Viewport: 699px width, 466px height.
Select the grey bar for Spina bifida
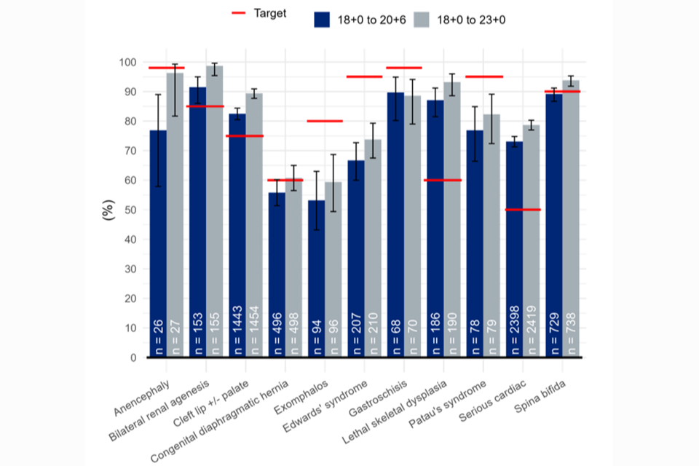coord(570,218)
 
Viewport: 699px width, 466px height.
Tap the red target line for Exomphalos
coord(324,121)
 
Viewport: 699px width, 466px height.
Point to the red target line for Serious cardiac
coord(522,210)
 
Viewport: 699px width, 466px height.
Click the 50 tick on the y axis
coord(132,210)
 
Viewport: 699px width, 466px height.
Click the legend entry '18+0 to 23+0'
coord(461,20)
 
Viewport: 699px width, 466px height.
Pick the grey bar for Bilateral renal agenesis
coord(214,211)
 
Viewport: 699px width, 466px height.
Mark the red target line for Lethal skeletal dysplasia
coord(443,180)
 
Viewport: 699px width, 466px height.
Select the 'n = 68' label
coord(395,339)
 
